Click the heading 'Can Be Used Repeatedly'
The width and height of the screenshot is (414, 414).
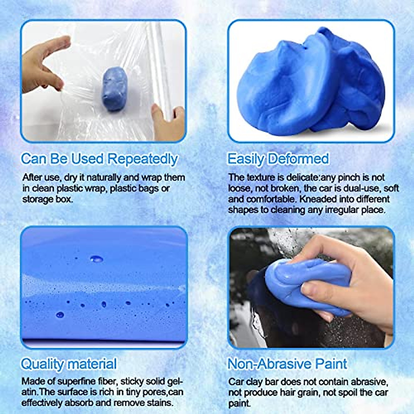click(x=99, y=159)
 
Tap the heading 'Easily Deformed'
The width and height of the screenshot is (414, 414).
click(x=278, y=159)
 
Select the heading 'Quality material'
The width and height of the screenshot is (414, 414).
click(x=69, y=364)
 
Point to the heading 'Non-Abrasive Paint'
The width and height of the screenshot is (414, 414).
click(x=287, y=364)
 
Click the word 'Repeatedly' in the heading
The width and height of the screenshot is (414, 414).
click(x=142, y=159)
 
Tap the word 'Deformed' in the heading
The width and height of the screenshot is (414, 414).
click(x=299, y=159)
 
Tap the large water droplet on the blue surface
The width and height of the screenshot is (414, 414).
click(x=96, y=258)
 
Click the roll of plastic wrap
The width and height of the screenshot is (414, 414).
click(x=159, y=69)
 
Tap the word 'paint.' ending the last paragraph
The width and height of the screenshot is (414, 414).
click(x=239, y=403)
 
